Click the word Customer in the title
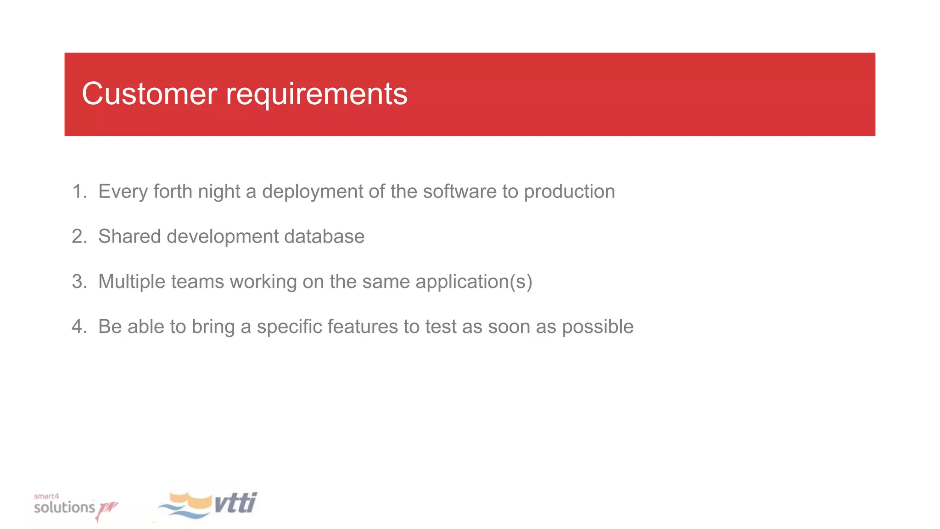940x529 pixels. tap(149, 94)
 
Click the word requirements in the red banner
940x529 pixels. tap(316, 94)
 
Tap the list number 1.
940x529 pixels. tap(78, 191)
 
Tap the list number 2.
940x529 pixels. tap(78, 236)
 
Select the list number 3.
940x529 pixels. tap(78, 281)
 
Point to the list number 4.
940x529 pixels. tap(78, 326)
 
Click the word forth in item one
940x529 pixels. tap(173, 191)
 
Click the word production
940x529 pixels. tap(569, 191)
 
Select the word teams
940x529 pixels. tap(197, 281)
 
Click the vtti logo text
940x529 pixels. tap(235, 503)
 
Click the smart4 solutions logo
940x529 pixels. tap(73, 506)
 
